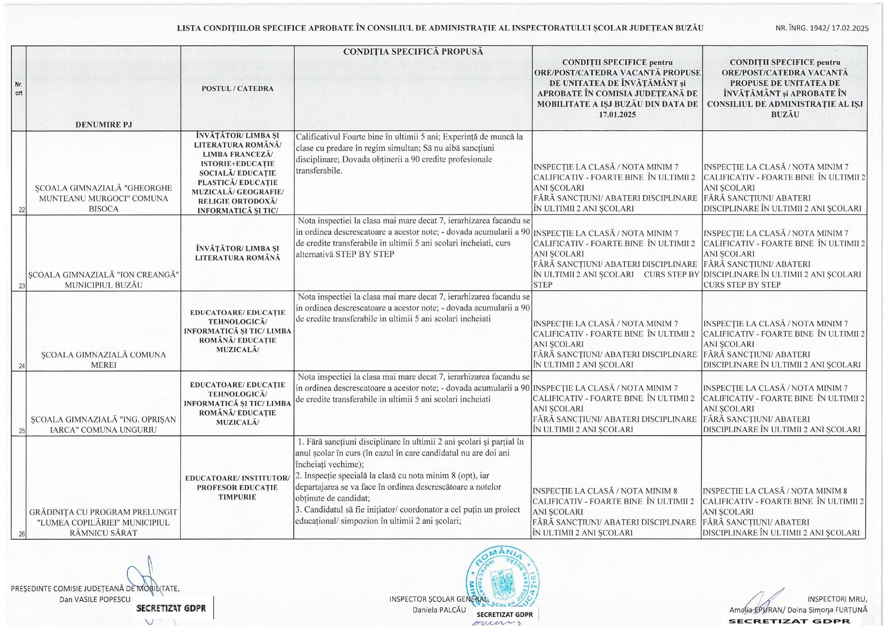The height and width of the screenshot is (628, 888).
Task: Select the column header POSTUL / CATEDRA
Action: click(237, 88)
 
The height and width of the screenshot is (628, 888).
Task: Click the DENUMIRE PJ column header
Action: click(104, 125)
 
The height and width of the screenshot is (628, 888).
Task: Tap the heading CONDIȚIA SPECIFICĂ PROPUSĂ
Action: click(413, 52)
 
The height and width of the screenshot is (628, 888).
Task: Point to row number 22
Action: click(22, 210)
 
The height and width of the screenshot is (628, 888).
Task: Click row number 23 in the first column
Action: click(22, 286)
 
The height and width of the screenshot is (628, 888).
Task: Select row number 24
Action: click(22, 366)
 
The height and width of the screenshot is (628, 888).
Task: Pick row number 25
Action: click(22, 431)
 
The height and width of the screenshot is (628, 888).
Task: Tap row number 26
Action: click(22, 534)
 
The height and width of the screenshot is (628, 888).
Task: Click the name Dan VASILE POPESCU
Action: click(95, 599)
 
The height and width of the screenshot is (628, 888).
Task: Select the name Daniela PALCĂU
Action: click(439, 610)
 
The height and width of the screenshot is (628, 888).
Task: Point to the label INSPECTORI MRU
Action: click(837, 599)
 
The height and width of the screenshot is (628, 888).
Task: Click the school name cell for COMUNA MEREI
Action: click(104, 360)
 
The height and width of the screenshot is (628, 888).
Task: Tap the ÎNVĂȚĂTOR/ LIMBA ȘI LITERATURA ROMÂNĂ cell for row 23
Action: click(237, 253)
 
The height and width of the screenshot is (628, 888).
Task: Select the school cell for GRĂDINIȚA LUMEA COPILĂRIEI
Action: click(103, 522)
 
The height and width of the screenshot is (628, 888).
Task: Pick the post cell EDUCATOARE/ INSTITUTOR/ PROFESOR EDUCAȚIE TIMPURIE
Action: click(237, 488)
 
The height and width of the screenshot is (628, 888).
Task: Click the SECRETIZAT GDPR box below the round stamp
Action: click(504, 614)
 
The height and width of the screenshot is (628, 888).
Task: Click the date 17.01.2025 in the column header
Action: click(617, 115)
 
